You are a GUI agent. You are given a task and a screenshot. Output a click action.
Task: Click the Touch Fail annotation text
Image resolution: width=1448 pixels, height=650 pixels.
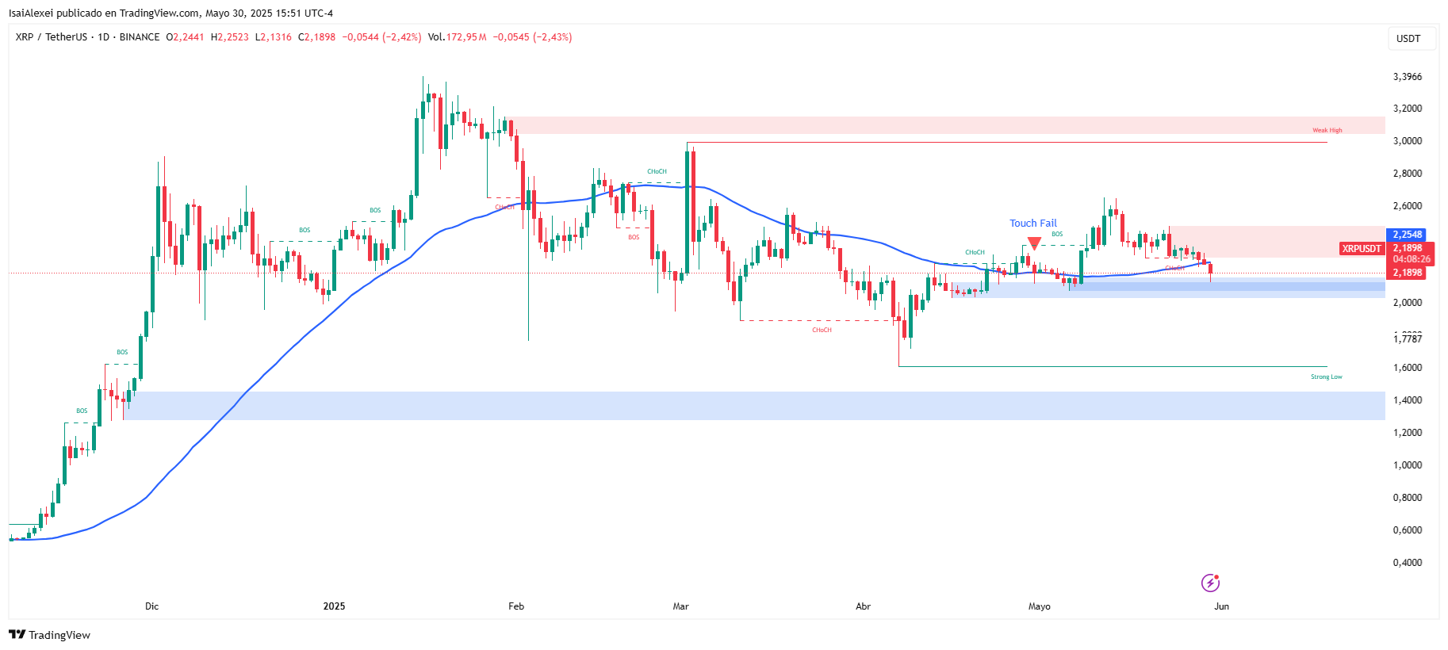(x=1032, y=224)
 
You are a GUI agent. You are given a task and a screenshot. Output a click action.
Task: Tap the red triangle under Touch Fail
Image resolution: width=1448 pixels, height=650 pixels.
(x=1034, y=243)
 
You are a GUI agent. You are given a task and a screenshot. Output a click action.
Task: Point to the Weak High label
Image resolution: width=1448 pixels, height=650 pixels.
(x=1327, y=130)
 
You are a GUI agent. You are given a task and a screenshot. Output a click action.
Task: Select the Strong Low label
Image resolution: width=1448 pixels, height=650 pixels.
(x=1326, y=377)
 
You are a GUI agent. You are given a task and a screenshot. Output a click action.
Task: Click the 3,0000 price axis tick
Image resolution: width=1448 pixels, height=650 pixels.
(x=1408, y=141)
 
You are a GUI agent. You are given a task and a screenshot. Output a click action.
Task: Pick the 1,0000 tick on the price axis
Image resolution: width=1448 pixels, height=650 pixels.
(x=1408, y=465)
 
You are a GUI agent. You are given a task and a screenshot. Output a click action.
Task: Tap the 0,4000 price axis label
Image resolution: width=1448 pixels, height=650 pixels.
(x=1408, y=563)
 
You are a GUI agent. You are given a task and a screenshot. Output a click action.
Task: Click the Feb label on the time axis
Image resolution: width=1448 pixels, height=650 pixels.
(x=516, y=606)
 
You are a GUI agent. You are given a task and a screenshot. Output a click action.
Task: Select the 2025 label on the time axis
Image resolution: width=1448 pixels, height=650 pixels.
(x=334, y=606)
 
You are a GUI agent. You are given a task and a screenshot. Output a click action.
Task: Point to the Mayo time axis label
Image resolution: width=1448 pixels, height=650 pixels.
(x=1039, y=606)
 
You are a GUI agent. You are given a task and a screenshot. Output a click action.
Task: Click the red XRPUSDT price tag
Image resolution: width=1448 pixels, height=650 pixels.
(x=1361, y=249)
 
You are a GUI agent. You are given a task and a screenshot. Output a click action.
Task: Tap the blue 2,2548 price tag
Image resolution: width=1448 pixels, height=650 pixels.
(x=1408, y=235)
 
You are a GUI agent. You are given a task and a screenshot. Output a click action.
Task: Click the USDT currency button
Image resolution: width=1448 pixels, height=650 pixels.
(x=1408, y=39)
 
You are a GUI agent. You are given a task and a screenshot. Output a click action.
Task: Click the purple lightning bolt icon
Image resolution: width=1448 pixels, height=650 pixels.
(x=1210, y=583)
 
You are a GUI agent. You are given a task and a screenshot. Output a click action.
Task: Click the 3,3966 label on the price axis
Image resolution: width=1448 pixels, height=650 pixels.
(x=1408, y=77)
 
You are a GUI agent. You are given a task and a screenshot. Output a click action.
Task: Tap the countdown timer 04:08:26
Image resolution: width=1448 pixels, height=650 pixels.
(x=1412, y=259)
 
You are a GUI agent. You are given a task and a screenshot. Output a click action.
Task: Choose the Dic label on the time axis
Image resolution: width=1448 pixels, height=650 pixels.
(x=152, y=606)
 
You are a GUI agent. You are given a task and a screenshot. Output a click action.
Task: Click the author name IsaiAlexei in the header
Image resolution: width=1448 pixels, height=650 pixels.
(x=34, y=13)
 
